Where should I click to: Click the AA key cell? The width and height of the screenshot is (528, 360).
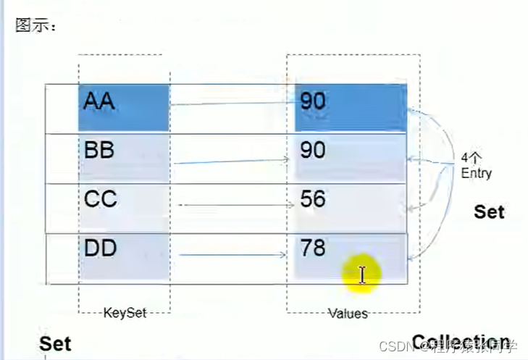point(124,107)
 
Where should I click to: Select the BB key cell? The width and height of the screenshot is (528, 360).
point(124,157)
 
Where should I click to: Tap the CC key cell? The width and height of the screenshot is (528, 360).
point(124,206)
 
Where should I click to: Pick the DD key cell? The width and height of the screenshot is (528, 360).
point(124,256)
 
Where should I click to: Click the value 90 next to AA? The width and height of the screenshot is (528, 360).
point(351,107)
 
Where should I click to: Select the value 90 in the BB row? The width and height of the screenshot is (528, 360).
point(351,156)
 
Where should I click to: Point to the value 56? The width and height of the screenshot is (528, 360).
point(351,206)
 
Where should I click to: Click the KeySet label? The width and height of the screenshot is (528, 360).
point(125,313)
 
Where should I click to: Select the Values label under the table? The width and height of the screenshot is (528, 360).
point(348,314)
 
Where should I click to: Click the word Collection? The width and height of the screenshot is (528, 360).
point(461,342)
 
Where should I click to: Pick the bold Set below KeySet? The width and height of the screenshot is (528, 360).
point(55,343)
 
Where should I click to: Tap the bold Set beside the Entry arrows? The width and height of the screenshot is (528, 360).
point(489,212)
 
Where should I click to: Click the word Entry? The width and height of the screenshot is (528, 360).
point(476,174)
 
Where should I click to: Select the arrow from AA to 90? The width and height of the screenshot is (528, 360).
point(232,104)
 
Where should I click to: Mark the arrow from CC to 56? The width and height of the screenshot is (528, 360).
point(232,205)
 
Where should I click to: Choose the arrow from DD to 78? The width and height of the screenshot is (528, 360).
point(232,254)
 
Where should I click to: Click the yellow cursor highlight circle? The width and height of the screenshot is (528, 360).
point(361,275)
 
